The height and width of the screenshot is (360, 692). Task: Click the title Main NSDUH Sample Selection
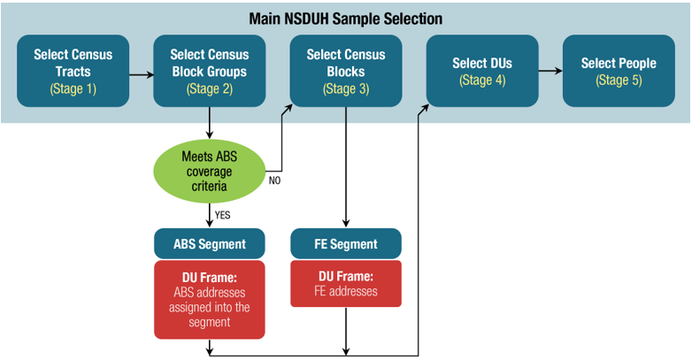point(346,18)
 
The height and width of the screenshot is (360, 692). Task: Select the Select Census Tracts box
point(73,71)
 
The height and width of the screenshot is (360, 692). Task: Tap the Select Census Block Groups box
point(210,71)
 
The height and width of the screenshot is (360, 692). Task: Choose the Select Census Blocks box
point(346,71)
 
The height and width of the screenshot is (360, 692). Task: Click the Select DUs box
point(482,71)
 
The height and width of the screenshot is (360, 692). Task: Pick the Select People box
point(619,71)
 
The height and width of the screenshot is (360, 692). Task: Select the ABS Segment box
point(210,244)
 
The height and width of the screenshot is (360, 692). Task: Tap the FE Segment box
point(346,244)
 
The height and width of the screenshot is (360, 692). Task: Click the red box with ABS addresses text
point(210,299)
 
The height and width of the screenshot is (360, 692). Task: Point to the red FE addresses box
point(346,283)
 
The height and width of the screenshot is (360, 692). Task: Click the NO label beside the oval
point(276,180)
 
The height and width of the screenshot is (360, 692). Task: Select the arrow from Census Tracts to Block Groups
point(141,74)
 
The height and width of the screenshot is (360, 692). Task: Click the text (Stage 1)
point(73,88)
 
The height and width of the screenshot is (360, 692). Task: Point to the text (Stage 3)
point(346,88)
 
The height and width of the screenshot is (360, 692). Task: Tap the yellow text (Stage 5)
point(619,80)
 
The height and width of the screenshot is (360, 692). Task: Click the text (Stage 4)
point(482,80)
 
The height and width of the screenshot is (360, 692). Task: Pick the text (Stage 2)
point(210,88)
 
